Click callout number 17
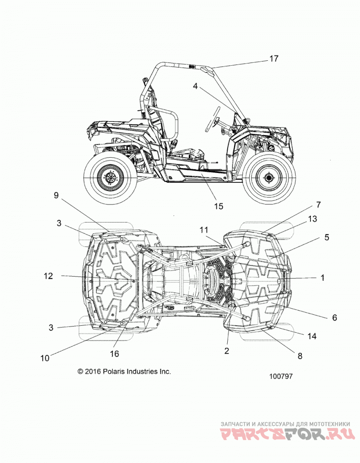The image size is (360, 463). (274, 59)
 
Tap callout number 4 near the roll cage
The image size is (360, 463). (195, 86)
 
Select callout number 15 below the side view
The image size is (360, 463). (219, 206)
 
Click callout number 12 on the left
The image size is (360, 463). (49, 276)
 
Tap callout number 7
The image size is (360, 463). (318, 204)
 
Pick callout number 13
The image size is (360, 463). (312, 219)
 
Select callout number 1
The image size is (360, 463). (323, 277)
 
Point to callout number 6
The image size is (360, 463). (334, 318)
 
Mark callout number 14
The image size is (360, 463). (312, 336)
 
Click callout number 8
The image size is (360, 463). (300, 356)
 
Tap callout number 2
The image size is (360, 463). (227, 350)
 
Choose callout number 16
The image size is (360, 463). (114, 354)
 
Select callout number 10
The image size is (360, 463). (45, 358)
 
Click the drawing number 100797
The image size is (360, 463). (281, 376)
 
